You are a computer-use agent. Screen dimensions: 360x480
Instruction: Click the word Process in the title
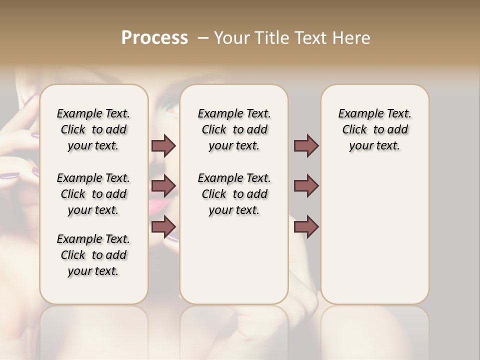[154, 38]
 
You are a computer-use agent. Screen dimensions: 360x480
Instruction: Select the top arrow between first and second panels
[163, 145]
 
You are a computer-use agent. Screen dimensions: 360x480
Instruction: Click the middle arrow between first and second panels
[163, 186]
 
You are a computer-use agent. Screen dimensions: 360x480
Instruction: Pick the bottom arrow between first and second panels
[163, 226]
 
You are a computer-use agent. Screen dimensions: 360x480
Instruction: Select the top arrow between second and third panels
[306, 145]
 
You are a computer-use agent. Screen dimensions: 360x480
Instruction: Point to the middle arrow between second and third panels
[306, 186]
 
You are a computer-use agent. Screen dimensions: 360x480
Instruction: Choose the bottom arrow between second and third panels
[306, 226]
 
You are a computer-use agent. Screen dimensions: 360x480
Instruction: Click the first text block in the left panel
[93, 129]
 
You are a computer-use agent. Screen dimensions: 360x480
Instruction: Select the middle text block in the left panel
[93, 194]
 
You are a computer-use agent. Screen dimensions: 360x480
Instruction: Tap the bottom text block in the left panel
[93, 255]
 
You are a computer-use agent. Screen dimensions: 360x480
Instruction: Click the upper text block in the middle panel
[234, 129]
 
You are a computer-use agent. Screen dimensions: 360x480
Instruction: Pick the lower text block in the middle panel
[234, 194]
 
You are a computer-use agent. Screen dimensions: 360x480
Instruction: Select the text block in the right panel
[374, 129]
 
